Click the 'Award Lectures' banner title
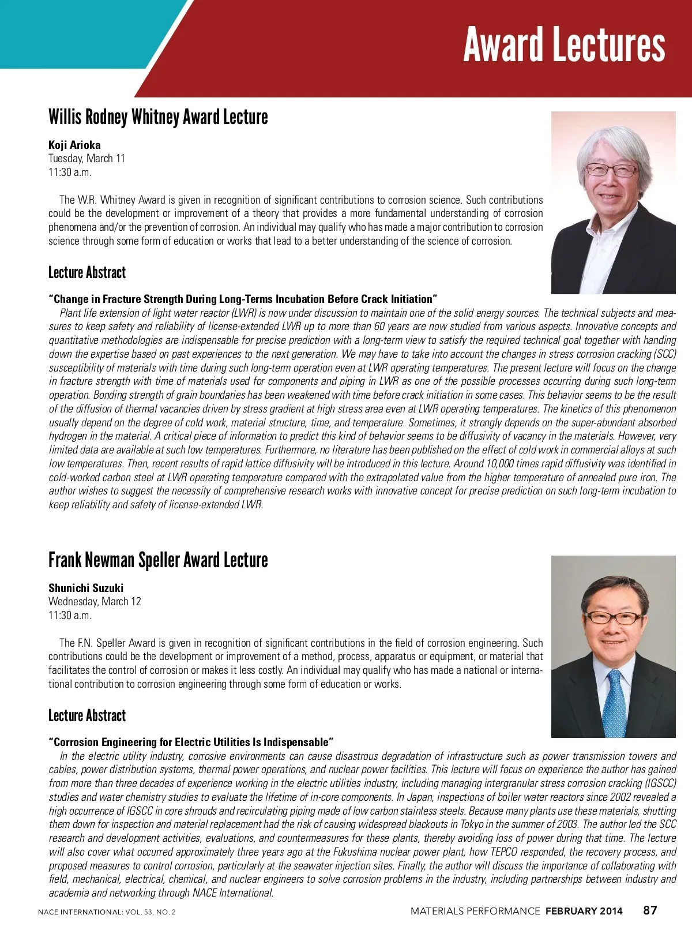pyautogui.click(x=564, y=45)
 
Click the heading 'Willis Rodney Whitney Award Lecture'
pyautogui.click(x=158, y=117)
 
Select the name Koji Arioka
pyautogui.click(x=74, y=145)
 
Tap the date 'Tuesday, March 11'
pyautogui.click(x=86, y=158)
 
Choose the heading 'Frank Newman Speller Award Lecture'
pyautogui.click(x=158, y=560)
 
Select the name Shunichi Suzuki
pyautogui.click(x=86, y=588)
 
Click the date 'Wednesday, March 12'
pyautogui.click(x=95, y=601)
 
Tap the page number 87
pyautogui.click(x=650, y=910)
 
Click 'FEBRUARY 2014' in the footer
pyautogui.click(x=584, y=911)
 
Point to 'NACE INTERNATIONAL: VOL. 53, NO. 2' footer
pyautogui.click(x=107, y=912)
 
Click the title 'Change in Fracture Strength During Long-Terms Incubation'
pyautogui.click(x=243, y=299)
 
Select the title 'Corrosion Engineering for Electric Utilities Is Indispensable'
pyautogui.click(x=191, y=742)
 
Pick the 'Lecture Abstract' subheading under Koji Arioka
pyautogui.click(x=87, y=273)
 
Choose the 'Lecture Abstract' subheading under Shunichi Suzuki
pyautogui.click(x=87, y=716)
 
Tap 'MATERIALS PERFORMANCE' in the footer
pyautogui.click(x=475, y=911)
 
